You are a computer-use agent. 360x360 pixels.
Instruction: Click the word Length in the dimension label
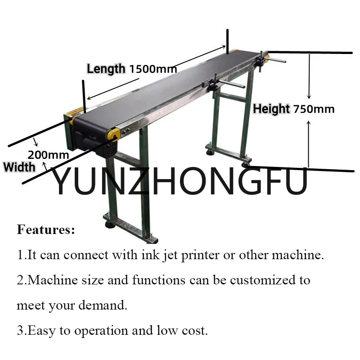(106, 69)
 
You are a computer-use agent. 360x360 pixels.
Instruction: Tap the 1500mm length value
(153, 69)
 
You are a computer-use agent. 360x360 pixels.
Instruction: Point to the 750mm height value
(314, 109)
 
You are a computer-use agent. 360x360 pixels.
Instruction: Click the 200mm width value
(48, 155)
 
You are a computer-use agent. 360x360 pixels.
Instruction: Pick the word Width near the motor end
(19, 167)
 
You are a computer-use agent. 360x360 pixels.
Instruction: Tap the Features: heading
(46, 230)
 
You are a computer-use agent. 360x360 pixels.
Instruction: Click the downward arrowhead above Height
(309, 95)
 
